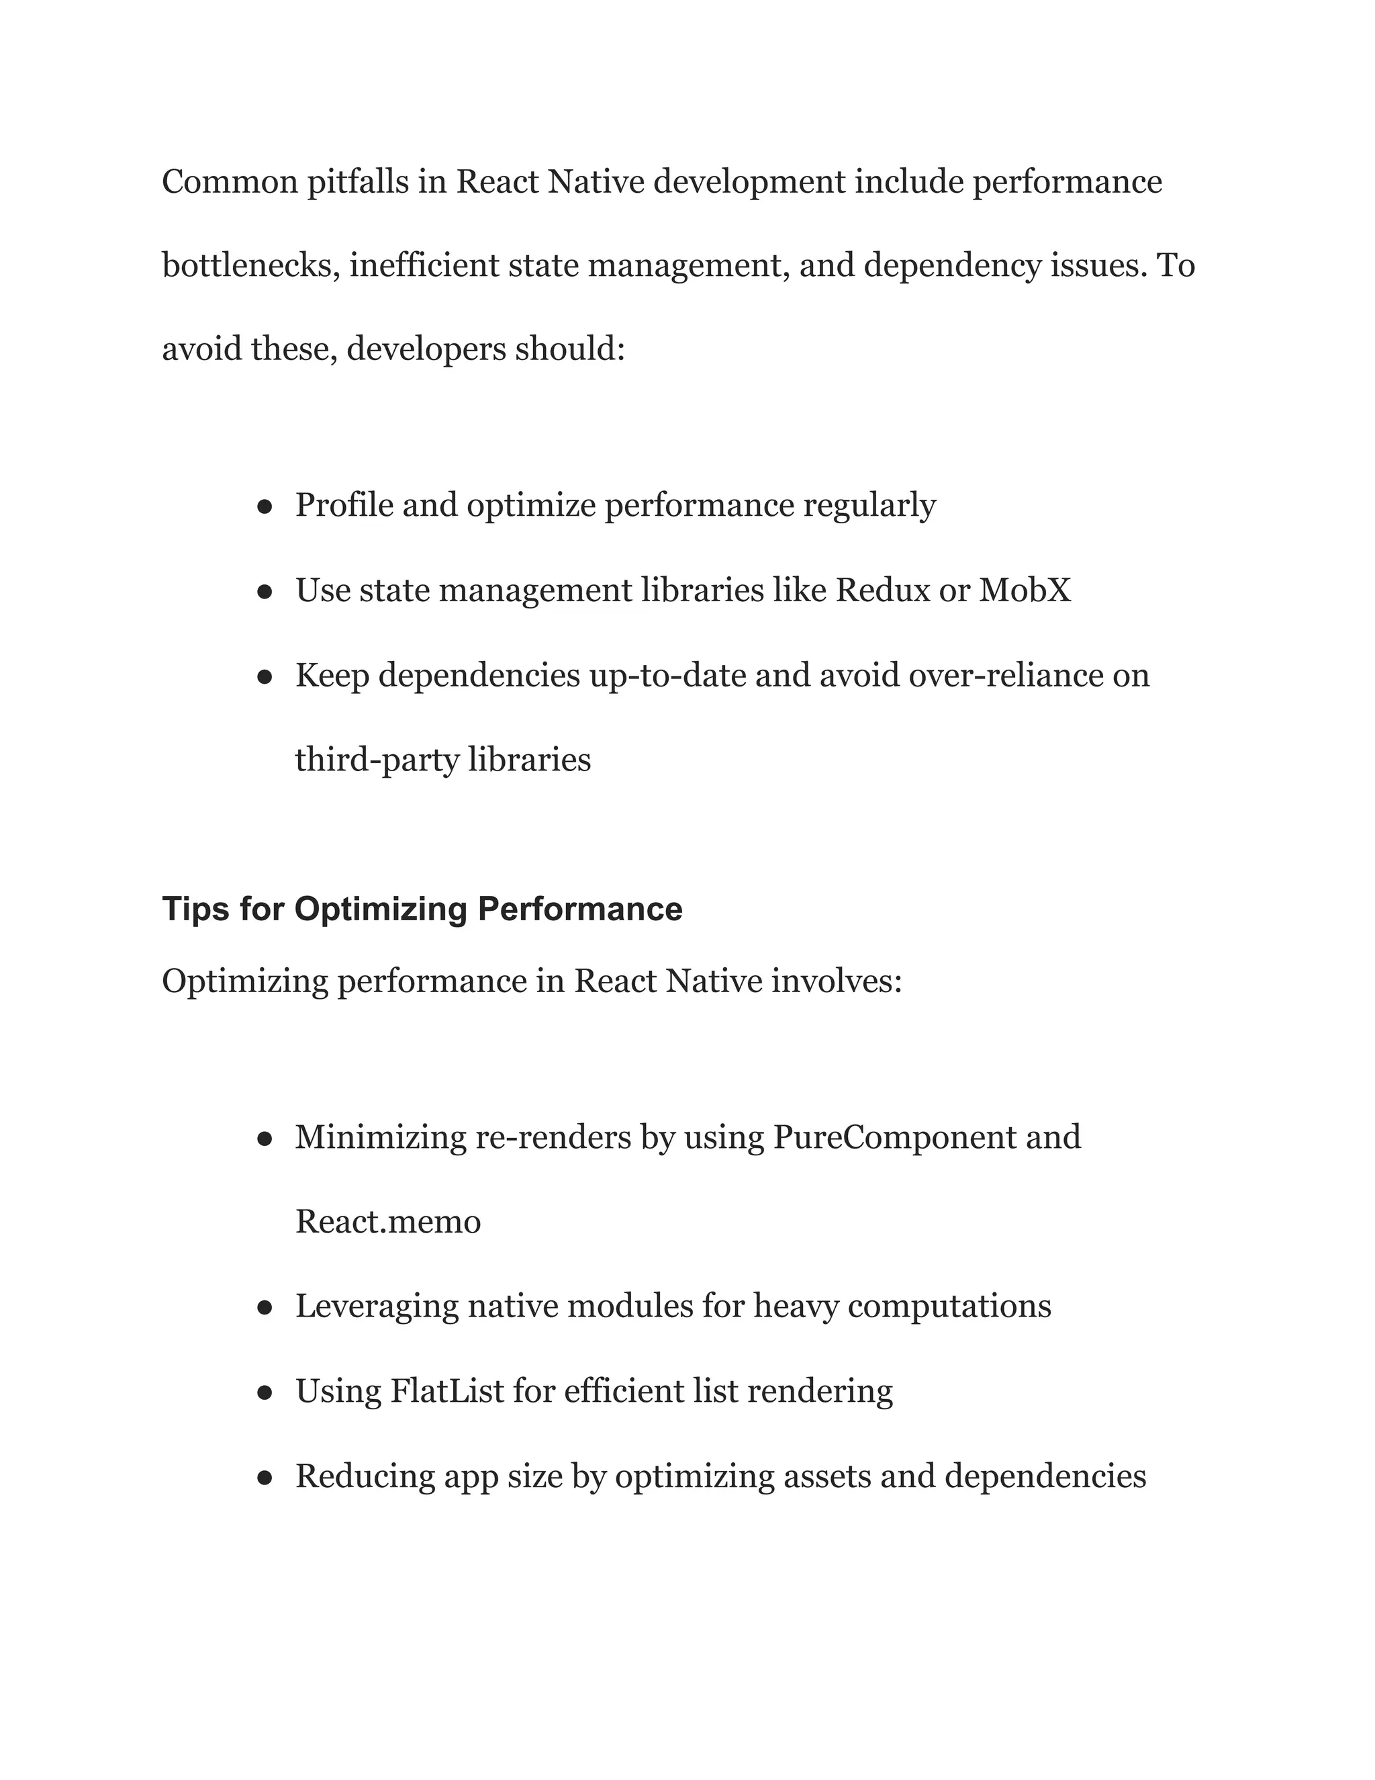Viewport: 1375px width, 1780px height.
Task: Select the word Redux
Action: click(x=882, y=590)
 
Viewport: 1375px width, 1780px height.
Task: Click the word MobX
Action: click(x=1025, y=590)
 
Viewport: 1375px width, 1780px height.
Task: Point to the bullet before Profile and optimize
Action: click(x=264, y=507)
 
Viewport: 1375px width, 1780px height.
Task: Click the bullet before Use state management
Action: click(x=264, y=592)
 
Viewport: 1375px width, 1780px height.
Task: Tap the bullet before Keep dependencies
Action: click(x=264, y=676)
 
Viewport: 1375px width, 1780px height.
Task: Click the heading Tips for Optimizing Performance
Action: click(x=422, y=909)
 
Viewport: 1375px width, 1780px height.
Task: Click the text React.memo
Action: click(x=388, y=1222)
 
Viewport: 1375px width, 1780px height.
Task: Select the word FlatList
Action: click(x=447, y=1391)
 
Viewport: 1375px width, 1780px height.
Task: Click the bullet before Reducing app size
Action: click(x=264, y=1478)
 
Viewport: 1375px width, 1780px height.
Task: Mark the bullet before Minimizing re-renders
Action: click(x=264, y=1139)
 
